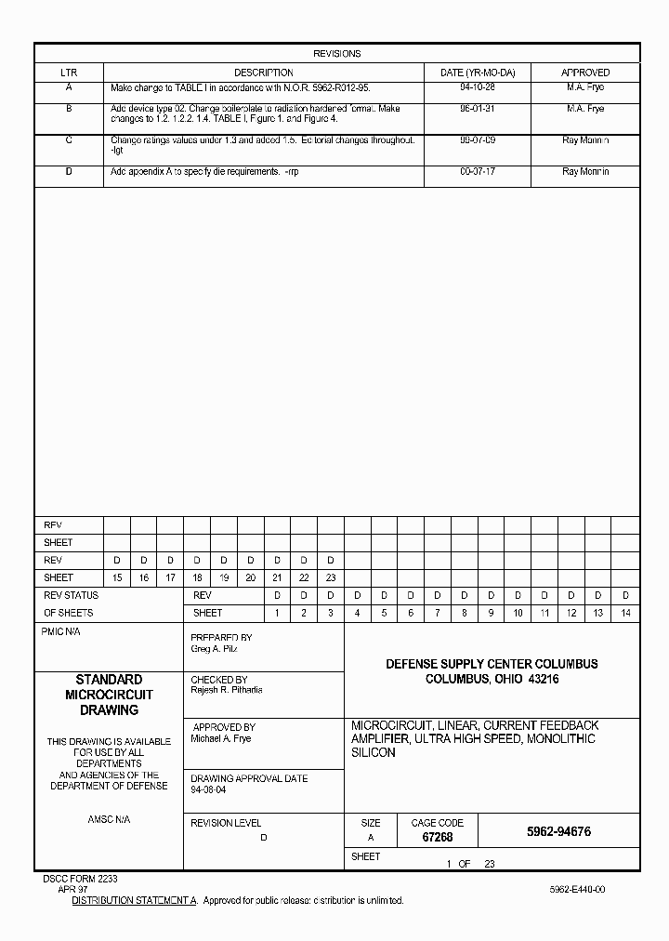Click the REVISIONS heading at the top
(x=336, y=54)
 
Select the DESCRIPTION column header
(x=263, y=73)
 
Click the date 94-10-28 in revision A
(x=477, y=87)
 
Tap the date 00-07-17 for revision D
(x=477, y=172)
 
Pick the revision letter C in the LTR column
(x=69, y=139)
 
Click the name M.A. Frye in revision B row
(x=585, y=109)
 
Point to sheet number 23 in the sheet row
(x=330, y=577)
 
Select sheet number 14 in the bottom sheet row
(x=625, y=613)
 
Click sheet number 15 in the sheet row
(x=117, y=577)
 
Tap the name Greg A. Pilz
(x=215, y=648)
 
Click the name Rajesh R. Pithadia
(x=227, y=690)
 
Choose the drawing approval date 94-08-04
(x=208, y=789)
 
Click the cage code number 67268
(x=437, y=838)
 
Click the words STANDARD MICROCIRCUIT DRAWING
(x=109, y=695)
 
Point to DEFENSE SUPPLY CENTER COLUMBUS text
(x=492, y=664)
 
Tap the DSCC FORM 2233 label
(x=80, y=879)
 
